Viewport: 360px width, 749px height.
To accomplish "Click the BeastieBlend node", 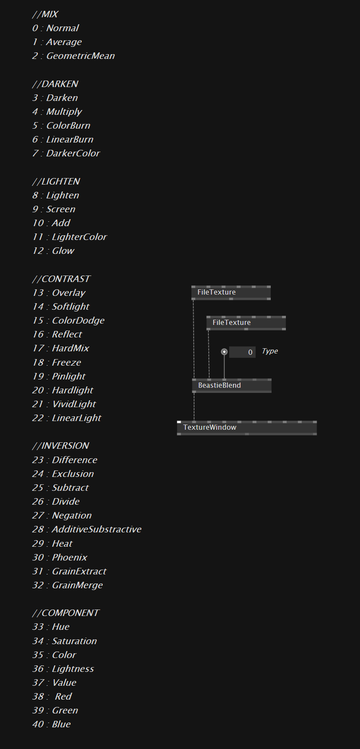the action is click(x=232, y=386).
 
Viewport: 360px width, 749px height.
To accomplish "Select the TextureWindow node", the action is click(x=247, y=428).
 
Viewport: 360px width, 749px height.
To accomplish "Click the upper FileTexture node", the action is click(x=231, y=292).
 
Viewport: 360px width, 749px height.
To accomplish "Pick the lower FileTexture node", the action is click(x=246, y=323).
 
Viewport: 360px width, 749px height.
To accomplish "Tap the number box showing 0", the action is click(x=242, y=352).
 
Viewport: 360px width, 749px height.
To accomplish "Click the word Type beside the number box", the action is click(x=270, y=351).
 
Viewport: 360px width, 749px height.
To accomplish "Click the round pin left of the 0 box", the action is click(x=224, y=352).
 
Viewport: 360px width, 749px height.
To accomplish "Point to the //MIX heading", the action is click(x=45, y=14).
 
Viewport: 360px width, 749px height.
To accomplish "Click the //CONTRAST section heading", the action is click(x=62, y=279).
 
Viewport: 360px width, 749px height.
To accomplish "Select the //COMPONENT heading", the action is click(x=66, y=613).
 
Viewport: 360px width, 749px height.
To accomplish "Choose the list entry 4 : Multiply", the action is click(x=57, y=112).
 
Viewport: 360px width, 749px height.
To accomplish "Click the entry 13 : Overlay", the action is click(x=59, y=293).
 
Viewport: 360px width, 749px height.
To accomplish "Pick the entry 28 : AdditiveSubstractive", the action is click(x=87, y=529).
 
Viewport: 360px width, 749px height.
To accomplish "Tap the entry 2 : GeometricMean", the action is click(x=74, y=56).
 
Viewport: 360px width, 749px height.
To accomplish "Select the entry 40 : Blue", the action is click(x=52, y=724).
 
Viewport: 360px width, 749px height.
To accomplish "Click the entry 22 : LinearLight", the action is click(x=67, y=418).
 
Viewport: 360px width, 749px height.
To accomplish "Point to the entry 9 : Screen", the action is click(x=54, y=209).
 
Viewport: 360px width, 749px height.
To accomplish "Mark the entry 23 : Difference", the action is click(x=65, y=460).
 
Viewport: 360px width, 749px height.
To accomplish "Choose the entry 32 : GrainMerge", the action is click(x=68, y=585).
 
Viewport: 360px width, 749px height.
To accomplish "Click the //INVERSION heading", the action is click(x=61, y=446).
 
